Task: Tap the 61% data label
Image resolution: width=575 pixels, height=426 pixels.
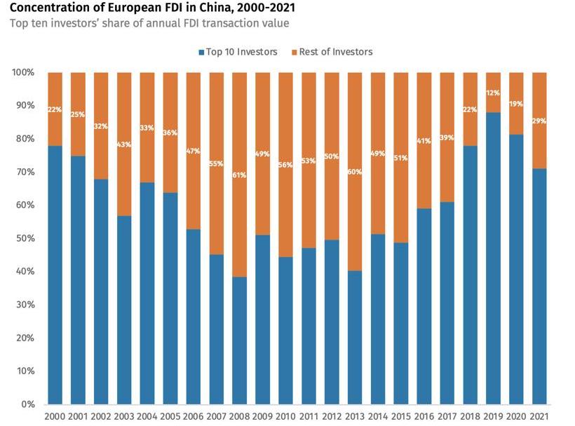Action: (239, 174)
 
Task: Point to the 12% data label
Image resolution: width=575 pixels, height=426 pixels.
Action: (493, 92)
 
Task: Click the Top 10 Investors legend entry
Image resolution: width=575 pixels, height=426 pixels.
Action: (238, 52)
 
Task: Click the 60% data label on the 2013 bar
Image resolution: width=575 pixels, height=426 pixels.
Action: (355, 172)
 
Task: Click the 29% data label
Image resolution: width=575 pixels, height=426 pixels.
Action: (539, 121)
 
